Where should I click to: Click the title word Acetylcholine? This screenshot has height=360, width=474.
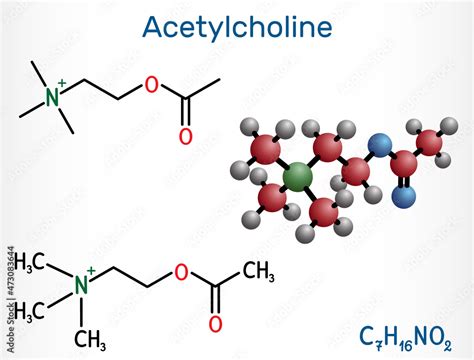pyautogui.click(x=237, y=27)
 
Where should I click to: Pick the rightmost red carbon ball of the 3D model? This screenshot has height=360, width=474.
pyautogui.click(x=432, y=146)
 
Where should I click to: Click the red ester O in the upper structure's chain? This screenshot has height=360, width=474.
pyautogui.click(x=151, y=83)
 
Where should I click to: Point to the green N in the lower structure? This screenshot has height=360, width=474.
pyautogui.click(x=83, y=285)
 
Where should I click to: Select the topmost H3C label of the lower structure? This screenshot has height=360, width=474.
pyautogui.click(x=34, y=262)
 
